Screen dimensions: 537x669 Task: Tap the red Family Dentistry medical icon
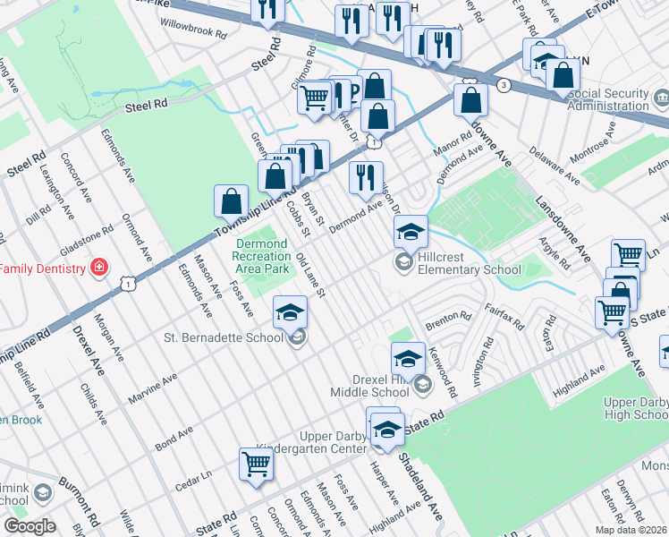[x=98, y=268]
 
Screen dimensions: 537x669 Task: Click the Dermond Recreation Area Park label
[x=262, y=256]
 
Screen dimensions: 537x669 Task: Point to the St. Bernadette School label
[x=226, y=337]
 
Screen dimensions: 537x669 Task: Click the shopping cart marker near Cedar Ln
[x=256, y=465]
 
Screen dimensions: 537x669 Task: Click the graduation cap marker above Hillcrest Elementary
[x=411, y=232]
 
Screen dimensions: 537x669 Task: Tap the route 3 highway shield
[x=504, y=85]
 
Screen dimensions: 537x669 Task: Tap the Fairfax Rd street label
[x=509, y=313]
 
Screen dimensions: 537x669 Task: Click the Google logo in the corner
[x=30, y=525]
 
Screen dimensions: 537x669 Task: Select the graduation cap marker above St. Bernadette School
[x=289, y=313]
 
